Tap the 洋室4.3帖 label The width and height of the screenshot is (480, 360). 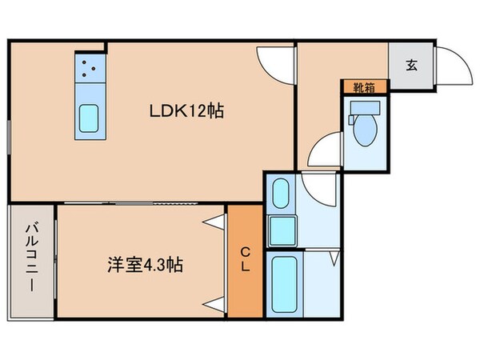click(146, 264)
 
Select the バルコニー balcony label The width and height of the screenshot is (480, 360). click(30, 260)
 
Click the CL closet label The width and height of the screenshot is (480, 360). click(245, 260)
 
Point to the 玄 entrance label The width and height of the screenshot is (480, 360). click(410, 65)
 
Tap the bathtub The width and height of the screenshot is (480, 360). click(285, 284)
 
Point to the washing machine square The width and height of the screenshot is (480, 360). click(282, 230)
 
